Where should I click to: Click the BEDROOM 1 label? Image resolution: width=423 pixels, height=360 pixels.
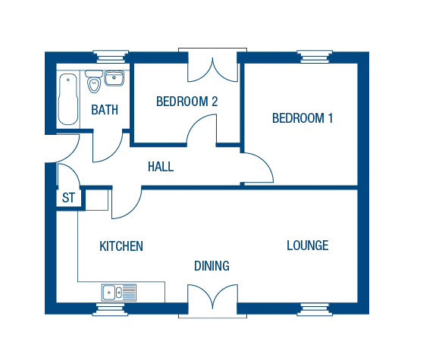302,118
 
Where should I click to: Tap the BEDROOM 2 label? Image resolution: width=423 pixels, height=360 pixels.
187,102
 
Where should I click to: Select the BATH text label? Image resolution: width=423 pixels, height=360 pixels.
105,110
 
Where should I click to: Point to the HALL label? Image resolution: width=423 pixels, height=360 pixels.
161,167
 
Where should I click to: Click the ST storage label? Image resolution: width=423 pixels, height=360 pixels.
68,198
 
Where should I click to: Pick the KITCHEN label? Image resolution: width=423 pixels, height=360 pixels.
121,246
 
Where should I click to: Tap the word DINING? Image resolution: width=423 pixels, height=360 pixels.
211,266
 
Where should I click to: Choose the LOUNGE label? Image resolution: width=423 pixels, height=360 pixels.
308,246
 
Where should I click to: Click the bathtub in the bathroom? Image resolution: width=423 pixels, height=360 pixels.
68,99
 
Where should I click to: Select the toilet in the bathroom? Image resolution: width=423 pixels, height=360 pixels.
94,81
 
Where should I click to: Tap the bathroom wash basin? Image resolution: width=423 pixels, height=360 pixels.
114,78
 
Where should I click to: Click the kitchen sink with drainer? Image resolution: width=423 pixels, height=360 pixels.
119,293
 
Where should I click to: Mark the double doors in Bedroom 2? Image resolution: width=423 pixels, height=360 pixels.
212,70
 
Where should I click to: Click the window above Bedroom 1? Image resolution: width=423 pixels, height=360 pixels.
315,56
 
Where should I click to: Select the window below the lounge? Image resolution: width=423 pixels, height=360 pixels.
315,309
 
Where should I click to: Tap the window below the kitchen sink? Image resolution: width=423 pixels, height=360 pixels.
111,309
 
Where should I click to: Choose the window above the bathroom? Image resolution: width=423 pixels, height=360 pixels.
111,56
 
